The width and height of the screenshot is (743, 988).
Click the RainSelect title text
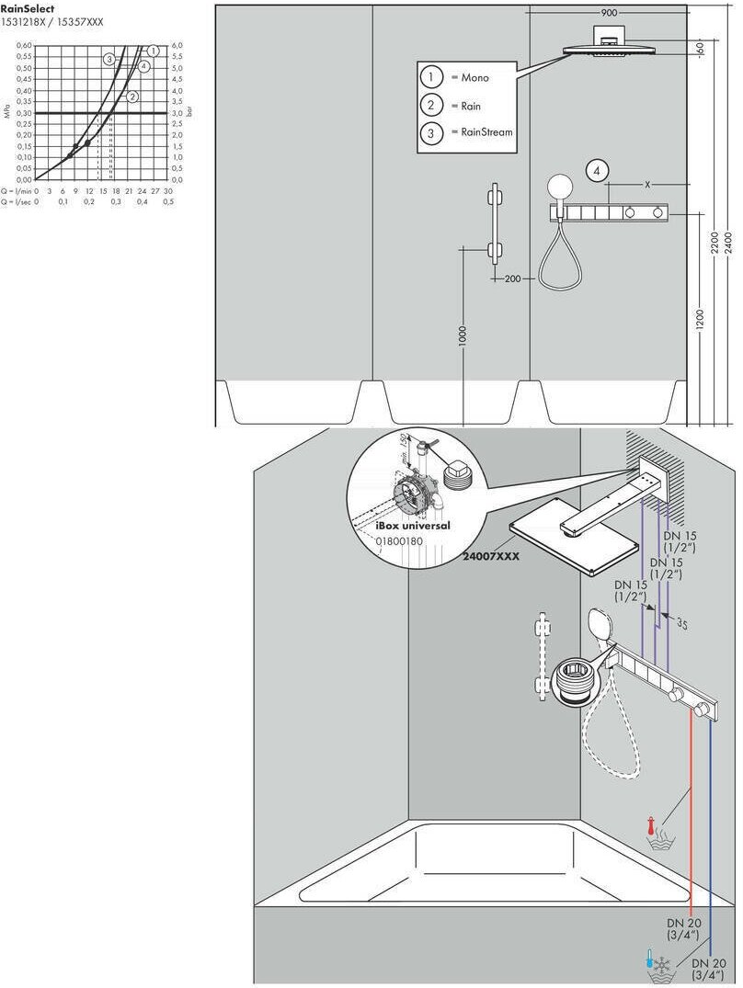[x=28, y=8]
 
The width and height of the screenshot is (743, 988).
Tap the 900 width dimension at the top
[x=609, y=13]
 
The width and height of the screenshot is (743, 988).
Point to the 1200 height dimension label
[x=700, y=318]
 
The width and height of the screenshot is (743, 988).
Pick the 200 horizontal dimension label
[x=513, y=278]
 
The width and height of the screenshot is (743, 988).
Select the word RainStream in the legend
[x=482, y=132]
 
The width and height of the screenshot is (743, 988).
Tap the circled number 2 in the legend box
[x=430, y=106]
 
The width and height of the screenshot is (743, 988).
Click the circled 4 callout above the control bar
[x=598, y=171]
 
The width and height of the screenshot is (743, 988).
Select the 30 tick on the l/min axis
[x=168, y=190]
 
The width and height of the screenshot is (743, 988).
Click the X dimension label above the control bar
[x=647, y=185]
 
